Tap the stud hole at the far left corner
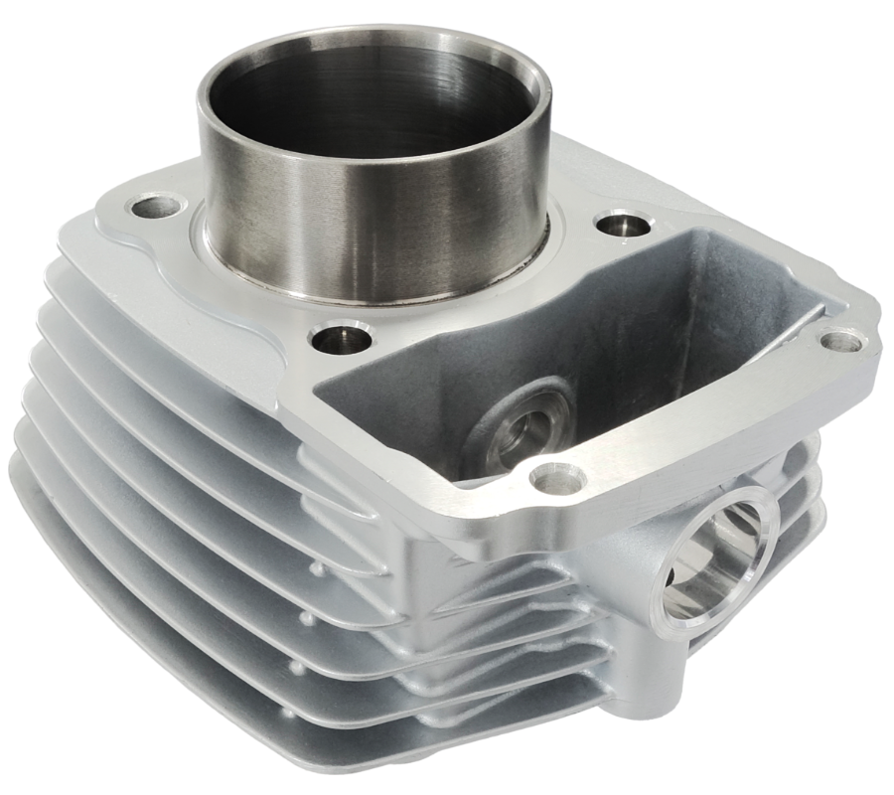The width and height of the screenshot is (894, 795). click(x=157, y=208)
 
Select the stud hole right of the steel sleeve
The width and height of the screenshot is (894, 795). click(x=623, y=224)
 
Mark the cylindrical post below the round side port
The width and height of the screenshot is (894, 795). click(x=656, y=686)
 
